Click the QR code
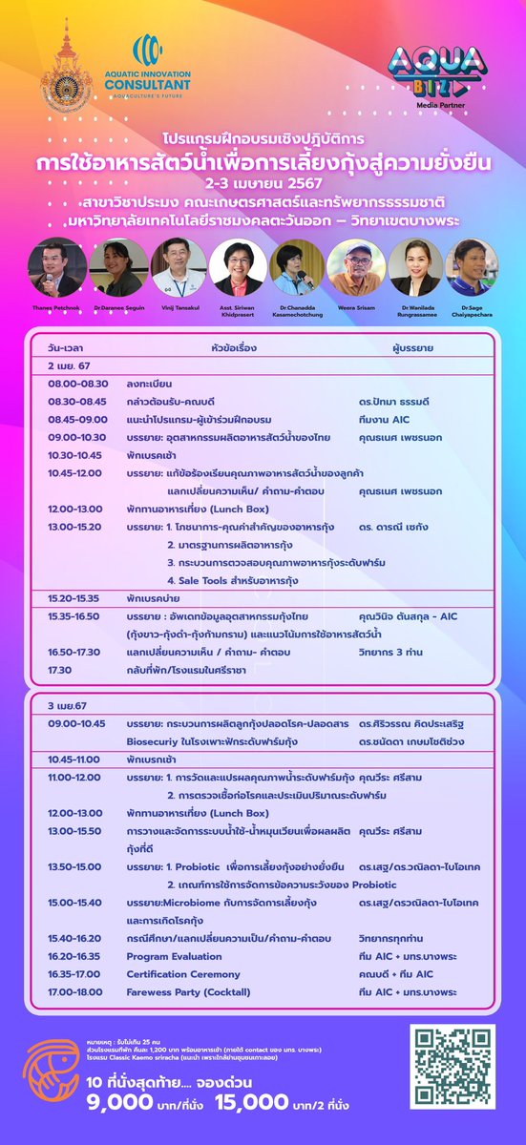click(452, 1068)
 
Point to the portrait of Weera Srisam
click(355, 267)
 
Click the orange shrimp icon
click(52, 1065)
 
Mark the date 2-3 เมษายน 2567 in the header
click(263, 181)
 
